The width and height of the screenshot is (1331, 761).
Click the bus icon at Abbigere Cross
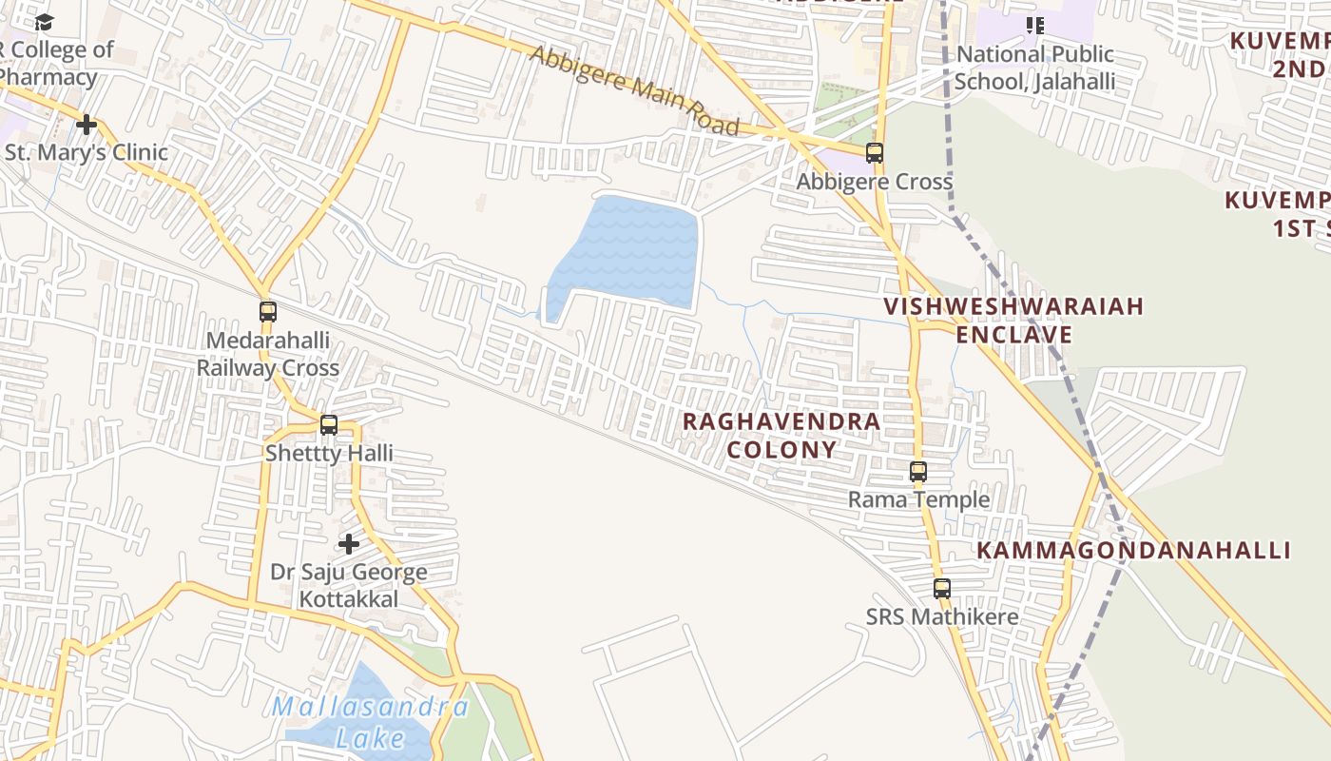(874, 152)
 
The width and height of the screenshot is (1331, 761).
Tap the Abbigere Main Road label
(634, 91)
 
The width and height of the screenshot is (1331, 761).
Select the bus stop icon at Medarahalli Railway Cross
(268, 311)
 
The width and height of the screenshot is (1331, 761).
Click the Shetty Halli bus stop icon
(329, 424)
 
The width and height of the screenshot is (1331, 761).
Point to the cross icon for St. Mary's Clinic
(87, 125)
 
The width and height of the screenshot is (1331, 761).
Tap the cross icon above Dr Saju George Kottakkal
(349, 543)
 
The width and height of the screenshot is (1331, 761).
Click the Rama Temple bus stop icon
(917, 471)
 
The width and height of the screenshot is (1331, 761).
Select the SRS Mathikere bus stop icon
(941, 588)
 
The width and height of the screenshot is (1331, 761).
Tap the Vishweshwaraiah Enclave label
(1013, 321)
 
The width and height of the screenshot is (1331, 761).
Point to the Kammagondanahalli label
(1133, 551)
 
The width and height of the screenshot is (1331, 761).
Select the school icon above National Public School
(1034, 26)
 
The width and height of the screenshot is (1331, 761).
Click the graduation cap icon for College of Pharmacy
(45, 22)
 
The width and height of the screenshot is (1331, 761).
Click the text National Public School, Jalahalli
(1034, 68)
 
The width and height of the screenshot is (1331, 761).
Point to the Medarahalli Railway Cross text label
(268, 354)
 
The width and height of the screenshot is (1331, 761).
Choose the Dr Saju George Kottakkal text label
(349, 585)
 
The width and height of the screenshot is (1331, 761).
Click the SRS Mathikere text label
(941, 616)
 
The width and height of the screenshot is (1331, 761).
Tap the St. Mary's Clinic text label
(87, 152)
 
